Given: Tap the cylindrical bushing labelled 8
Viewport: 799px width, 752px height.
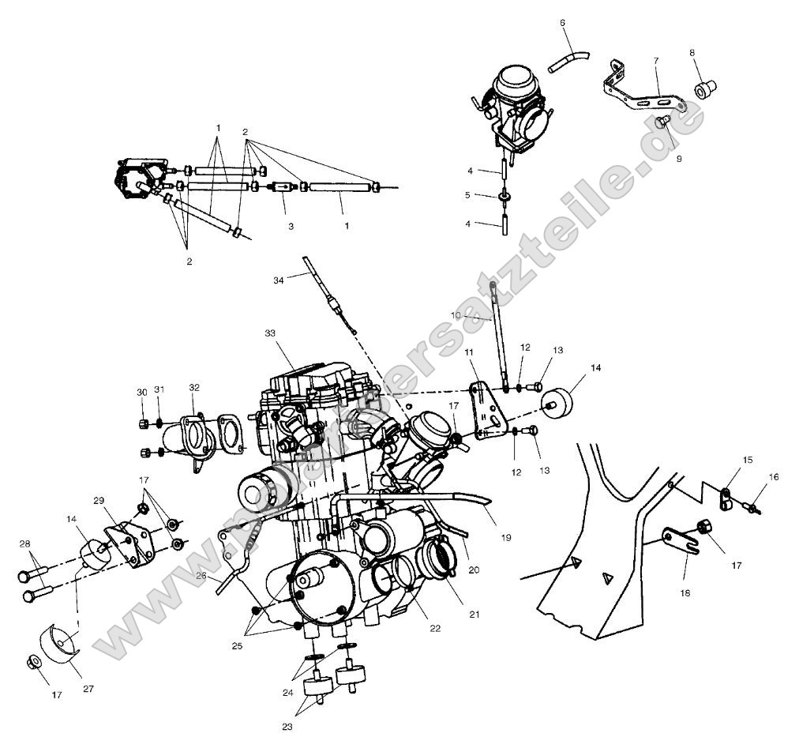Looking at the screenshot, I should point(703,88).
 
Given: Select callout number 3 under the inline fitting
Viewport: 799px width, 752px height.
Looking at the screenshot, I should point(291,226).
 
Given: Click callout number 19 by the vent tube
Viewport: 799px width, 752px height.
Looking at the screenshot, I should point(506,537).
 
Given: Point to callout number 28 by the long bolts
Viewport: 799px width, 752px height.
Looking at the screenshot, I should point(24,544).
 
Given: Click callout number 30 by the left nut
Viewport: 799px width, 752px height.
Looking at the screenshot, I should point(142,393).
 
